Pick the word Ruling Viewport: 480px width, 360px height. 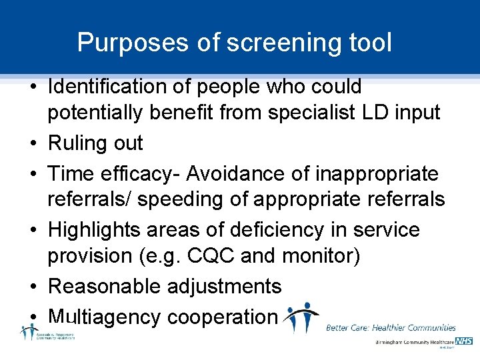77,143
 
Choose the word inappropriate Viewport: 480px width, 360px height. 376,174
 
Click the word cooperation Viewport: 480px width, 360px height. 221,317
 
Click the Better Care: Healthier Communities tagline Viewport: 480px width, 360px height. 391,327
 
